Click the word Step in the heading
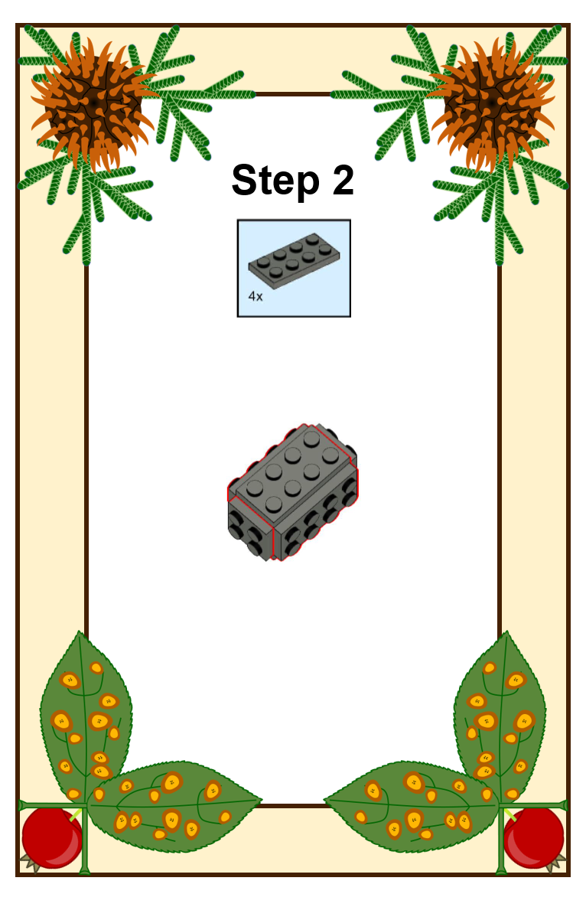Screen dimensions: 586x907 click(x=275, y=181)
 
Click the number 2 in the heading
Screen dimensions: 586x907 click(x=343, y=179)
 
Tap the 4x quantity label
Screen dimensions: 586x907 click(x=256, y=297)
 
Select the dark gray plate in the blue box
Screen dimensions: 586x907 click(x=295, y=260)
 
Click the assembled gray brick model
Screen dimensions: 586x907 click(x=292, y=492)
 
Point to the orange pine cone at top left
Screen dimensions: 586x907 click(x=93, y=104)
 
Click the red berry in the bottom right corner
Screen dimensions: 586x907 click(x=534, y=837)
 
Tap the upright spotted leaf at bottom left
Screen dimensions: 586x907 click(x=86, y=717)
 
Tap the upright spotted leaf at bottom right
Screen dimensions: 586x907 click(x=500, y=717)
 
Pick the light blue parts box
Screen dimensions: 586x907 click(x=295, y=268)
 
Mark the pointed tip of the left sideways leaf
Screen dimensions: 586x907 click(x=262, y=801)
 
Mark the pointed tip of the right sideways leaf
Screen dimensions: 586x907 click(x=324, y=801)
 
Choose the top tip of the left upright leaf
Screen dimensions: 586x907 click(x=80, y=631)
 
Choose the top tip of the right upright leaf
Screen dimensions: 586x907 click(x=507, y=631)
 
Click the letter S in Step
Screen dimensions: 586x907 click(x=243, y=180)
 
